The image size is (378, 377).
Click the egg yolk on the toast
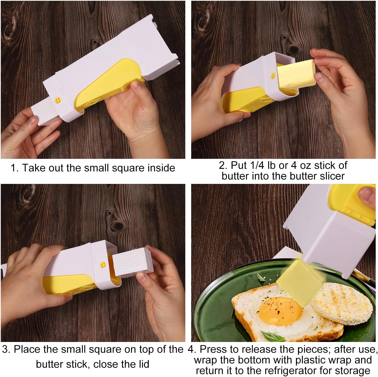coord(280,312)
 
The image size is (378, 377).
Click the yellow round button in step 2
coord(273,76)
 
